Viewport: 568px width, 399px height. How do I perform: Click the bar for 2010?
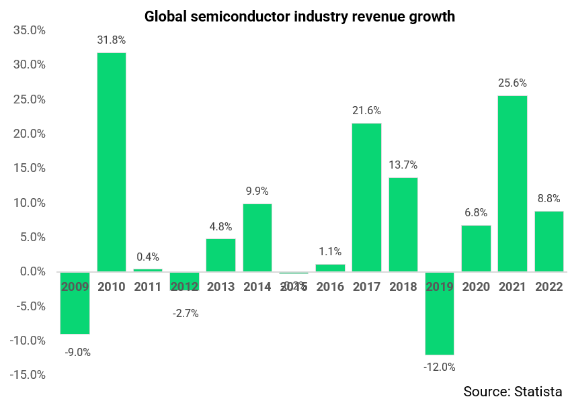112,162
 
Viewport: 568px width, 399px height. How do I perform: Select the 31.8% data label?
112,40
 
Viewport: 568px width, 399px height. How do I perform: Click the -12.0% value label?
440,367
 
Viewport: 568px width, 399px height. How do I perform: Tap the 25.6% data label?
512,83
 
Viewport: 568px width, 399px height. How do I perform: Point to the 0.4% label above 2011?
148,257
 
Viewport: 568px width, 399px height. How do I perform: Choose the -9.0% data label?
77,352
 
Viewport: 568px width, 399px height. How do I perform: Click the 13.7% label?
403,165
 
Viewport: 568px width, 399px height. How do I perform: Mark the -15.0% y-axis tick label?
27,375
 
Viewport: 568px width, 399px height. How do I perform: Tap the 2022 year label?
549,287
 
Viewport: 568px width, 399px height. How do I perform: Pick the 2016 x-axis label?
330,287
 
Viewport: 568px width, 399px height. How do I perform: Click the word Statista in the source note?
538,391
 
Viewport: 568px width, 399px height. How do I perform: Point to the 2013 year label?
220,287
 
